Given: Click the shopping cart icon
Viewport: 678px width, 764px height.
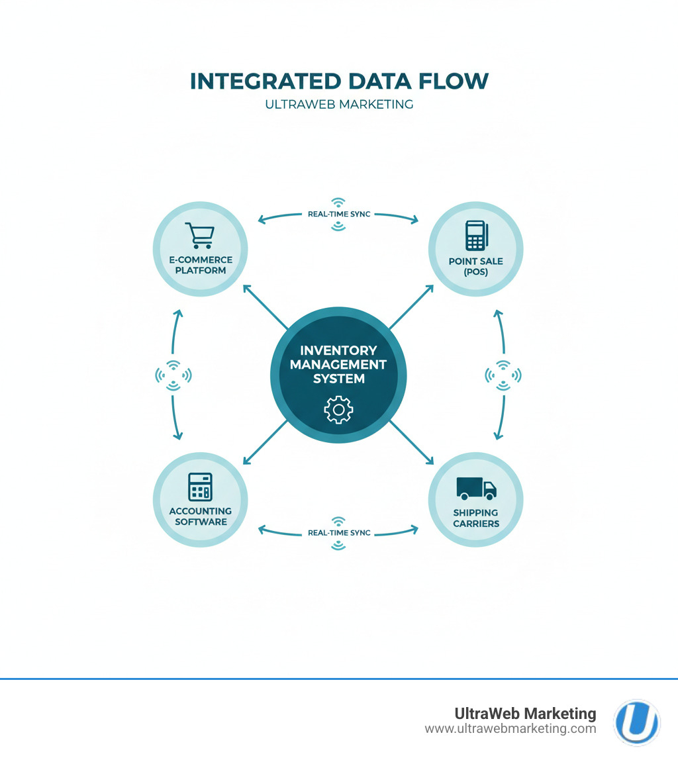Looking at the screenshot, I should tap(199, 236).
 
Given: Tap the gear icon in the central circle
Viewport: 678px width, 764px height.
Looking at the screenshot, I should tap(338, 410).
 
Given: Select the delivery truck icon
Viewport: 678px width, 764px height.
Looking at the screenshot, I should tap(476, 489).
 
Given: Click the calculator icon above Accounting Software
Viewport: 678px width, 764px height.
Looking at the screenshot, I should tap(200, 487).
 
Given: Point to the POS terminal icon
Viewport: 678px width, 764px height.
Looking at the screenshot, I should tap(476, 235).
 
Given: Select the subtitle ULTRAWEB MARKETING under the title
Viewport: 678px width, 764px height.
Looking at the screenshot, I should tap(338, 104).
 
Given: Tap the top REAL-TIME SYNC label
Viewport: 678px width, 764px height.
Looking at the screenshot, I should tap(338, 214).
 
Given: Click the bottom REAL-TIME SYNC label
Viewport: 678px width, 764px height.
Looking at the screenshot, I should tap(338, 532).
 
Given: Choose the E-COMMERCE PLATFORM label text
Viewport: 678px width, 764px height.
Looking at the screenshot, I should tap(200, 265).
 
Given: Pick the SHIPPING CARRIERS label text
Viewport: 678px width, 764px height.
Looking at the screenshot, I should tap(476, 518).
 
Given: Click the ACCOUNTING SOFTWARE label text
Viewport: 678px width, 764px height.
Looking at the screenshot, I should tap(200, 516).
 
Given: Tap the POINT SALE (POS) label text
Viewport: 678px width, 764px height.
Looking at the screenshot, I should tap(476, 266).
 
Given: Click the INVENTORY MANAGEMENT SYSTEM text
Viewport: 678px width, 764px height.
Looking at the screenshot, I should tap(338, 364).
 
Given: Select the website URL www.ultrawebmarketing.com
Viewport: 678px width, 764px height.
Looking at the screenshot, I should tap(510, 729).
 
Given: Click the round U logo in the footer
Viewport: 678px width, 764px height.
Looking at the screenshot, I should tap(636, 722).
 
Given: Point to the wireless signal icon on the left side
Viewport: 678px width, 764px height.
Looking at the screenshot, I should tap(173, 375).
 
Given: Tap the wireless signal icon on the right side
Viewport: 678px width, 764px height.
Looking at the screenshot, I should tap(503, 375).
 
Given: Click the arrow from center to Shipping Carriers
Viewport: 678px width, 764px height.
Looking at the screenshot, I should tap(412, 442).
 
